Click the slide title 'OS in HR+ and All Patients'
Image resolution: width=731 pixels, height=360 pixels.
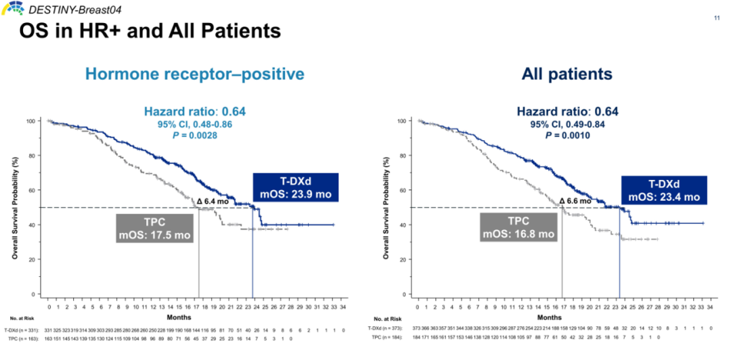coord(150,31)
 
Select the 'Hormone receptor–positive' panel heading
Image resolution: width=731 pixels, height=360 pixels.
coord(195,74)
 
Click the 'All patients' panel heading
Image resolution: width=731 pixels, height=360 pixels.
coord(567,74)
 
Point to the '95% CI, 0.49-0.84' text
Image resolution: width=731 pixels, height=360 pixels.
coord(567,125)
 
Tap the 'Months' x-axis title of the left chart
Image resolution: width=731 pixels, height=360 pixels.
coord(179,317)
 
